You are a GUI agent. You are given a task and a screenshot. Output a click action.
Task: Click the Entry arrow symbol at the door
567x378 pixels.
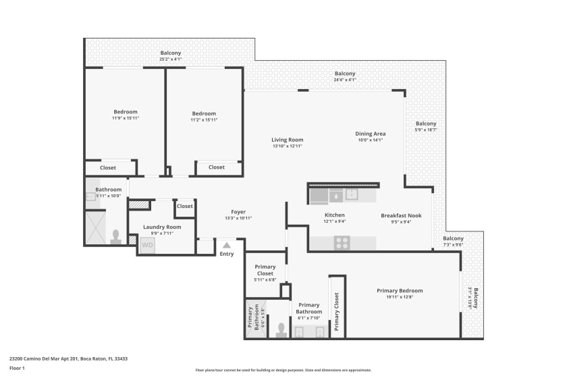click(x=226, y=245)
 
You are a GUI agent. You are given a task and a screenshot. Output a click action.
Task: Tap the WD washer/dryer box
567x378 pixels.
click(x=147, y=246)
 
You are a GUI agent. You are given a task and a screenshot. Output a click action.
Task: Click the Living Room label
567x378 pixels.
click(x=287, y=140)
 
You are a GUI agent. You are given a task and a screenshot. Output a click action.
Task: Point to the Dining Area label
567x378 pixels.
click(x=370, y=134)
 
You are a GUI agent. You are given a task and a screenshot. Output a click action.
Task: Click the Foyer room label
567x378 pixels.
click(x=238, y=212)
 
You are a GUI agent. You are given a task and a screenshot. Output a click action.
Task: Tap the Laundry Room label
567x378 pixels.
click(x=164, y=227)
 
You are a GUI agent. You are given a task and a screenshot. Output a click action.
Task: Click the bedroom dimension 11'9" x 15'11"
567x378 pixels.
click(x=125, y=119)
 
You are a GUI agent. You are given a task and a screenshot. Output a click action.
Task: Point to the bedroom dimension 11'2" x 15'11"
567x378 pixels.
click(x=203, y=119)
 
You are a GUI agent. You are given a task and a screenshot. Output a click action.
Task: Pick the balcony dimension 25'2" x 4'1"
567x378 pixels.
click(x=170, y=59)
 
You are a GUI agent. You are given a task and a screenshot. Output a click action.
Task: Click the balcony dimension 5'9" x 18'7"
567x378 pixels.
click(x=426, y=130)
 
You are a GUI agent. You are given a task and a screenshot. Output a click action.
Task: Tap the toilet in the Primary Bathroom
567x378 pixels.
click(x=281, y=330)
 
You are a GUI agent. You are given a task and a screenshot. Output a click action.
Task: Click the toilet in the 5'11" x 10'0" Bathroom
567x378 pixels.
click(x=115, y=237)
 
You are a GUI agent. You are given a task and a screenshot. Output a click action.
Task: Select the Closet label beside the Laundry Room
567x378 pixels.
click(x=184, y=206)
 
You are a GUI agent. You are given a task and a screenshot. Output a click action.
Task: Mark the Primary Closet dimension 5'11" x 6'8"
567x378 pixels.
click(x=265, y=279)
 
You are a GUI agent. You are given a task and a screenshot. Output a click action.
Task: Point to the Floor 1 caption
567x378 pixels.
click(x=17, y=369)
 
